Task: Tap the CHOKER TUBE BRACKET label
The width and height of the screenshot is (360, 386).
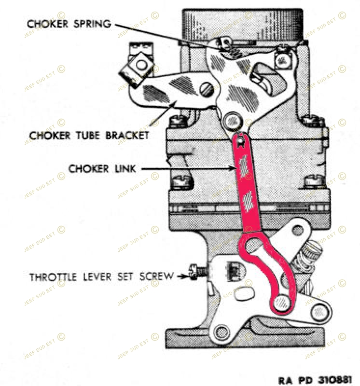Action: pyautogui.click(x=89, y=135)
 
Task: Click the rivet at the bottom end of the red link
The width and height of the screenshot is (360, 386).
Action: pyautogui.click(x=282, y=303)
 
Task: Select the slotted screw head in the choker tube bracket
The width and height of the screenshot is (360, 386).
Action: pyautogui.click(x=207, y=89)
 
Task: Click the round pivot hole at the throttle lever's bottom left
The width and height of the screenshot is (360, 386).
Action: pyautogui.click(x=222, y=331)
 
